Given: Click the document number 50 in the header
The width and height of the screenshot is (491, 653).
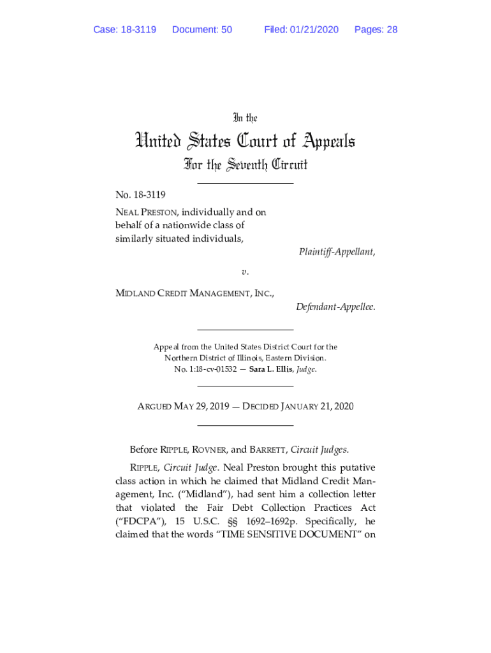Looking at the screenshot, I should (x=226, y=29).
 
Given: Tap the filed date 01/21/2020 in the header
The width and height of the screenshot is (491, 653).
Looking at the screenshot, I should (x=314, y=29).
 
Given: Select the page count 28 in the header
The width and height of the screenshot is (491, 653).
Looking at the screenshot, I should (x=392, y=29).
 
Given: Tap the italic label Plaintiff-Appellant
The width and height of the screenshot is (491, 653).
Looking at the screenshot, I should (x=337, y=252).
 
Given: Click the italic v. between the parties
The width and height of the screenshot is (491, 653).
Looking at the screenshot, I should (x=245, y=272).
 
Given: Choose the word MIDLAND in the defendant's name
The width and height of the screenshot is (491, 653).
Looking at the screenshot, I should (x=135, y=293).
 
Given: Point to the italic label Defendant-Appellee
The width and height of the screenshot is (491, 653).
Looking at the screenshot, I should (x=335, y=307).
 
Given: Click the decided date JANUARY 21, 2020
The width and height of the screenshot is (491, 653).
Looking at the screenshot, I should (x=318, y=406).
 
